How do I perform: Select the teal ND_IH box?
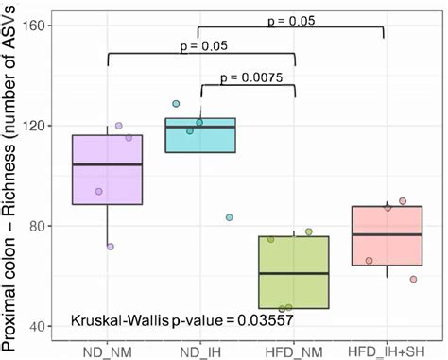point(200,135)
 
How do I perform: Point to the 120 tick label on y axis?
point(42,126)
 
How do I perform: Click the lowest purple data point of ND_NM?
point(111,247)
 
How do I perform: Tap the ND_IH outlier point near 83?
point(230,217)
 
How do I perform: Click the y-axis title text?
point(11,180)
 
